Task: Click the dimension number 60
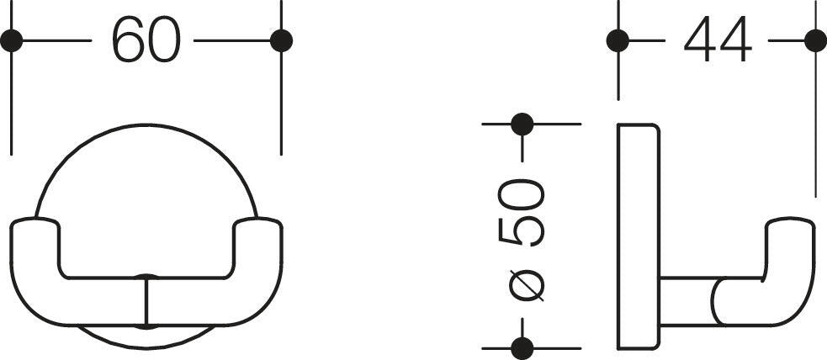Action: [146, 40]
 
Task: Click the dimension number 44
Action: [718, 40]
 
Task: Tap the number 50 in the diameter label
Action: [521, 213]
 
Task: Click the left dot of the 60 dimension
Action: [12, 40]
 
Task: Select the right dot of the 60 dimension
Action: [281, 40]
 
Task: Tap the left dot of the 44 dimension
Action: [618, 40]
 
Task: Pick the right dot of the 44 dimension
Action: [815, 40]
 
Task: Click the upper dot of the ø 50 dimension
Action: [522, 124]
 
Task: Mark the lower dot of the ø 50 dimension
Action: [522, 348]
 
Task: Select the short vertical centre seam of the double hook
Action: [147, 301]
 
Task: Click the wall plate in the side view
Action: [639, 236]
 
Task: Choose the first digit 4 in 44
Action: [700, 40]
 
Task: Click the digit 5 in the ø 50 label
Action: [521, 230]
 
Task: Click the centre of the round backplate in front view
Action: [146, 236]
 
